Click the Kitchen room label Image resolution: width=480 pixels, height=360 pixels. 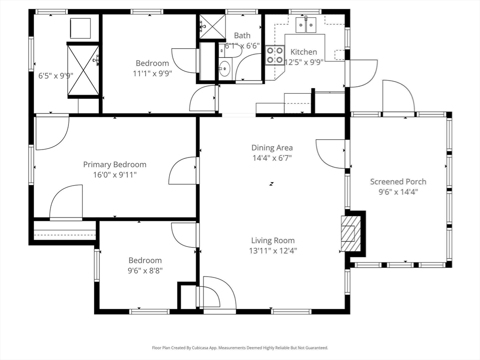point(303,52)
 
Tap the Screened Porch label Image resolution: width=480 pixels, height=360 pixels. point(398,181)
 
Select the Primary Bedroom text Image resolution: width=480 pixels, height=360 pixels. point(115,165)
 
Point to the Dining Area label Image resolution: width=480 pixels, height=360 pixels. point(272,148)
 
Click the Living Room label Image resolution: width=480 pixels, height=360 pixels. point(273,240)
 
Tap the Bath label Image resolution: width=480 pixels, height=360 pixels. point(242,36)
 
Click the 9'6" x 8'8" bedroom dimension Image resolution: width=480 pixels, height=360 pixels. point(145,270)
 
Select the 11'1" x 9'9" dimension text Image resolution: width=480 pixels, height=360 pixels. point(152,74)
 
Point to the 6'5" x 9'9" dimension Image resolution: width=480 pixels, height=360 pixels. point(56,75)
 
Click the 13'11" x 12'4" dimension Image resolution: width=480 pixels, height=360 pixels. point(273,251)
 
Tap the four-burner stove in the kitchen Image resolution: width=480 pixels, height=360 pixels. point(275,55)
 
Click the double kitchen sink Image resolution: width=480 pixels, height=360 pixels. point(306,24)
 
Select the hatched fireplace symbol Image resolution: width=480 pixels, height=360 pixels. point(351,233)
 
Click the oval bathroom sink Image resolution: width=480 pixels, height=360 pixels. point(225,68)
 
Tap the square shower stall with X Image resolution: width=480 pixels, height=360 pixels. point(213,27)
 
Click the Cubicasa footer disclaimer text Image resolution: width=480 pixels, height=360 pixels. point(240,348)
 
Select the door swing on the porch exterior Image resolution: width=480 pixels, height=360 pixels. point(398,96)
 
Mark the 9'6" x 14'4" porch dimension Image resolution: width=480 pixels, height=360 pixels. point(398,192)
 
